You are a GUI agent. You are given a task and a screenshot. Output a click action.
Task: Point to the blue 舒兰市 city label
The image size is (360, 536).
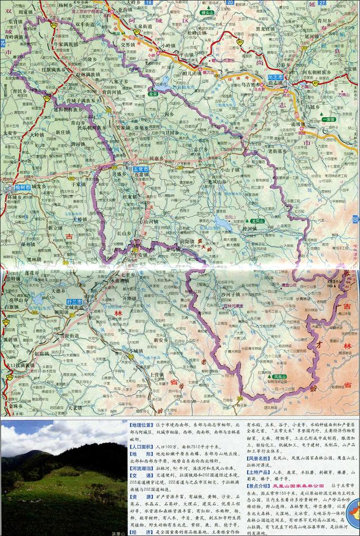(x=74, y=302)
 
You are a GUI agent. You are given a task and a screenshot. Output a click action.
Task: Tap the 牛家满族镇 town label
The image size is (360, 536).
(x=66, y=43)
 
